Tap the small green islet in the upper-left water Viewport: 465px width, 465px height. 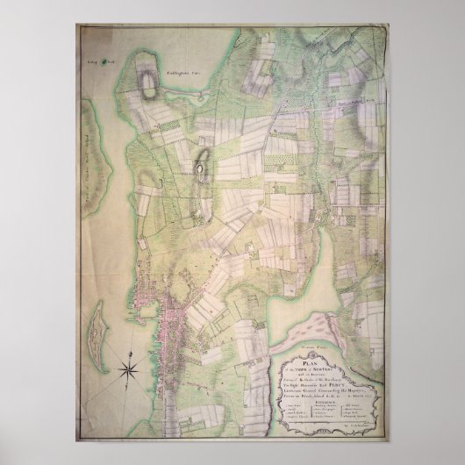pos(104,61)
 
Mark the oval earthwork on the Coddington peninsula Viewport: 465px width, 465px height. pos(142,82)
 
